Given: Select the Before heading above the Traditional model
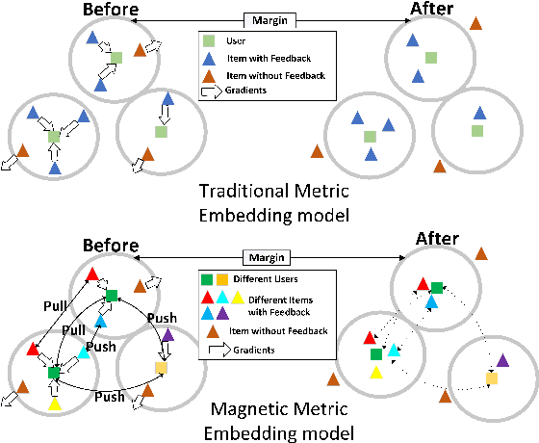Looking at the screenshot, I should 109,11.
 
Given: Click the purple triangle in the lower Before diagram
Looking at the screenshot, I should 168,335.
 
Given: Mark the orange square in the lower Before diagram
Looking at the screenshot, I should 161,368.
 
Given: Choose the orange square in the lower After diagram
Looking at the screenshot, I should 492,378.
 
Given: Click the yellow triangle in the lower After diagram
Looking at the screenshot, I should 376,372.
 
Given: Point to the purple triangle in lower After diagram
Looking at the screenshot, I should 502,363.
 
